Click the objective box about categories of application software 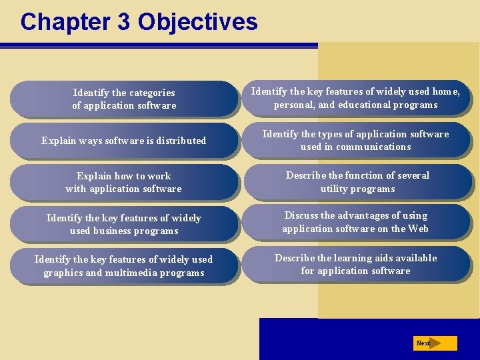pos(124,99)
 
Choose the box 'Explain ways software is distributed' pos(124,141)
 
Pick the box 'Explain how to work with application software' pos(124,183)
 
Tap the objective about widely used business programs pos(124,225)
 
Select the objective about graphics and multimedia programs pos(124,266)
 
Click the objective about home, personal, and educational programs pos(356,98)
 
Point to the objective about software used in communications pos(356,140)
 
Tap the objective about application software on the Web pos(356,222)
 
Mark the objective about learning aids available pos(356,264)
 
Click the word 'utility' pos(336,189)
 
